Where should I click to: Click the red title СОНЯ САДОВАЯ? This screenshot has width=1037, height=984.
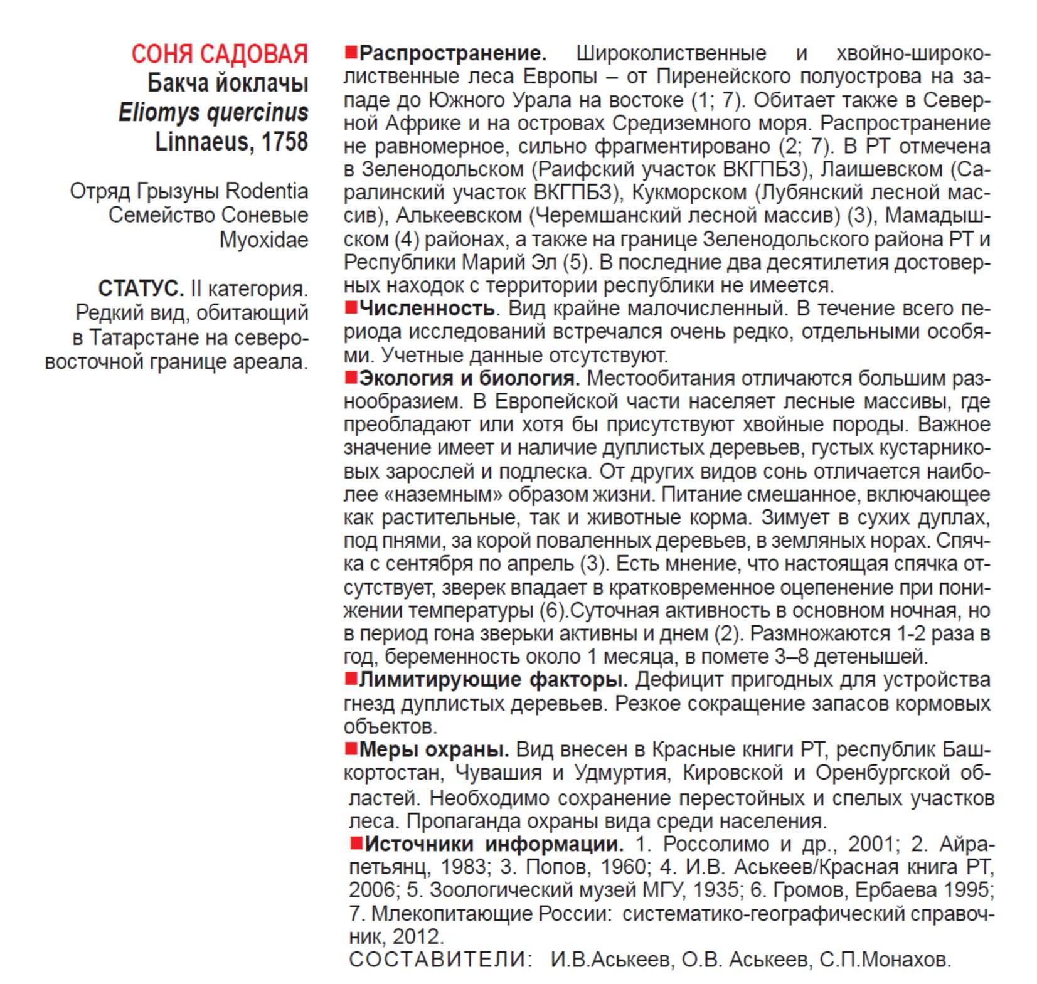point(219,55)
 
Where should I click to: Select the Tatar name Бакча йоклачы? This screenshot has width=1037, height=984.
point(228,83)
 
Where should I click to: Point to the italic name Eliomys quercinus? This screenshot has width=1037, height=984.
point(213,113)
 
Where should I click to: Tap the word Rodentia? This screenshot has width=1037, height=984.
point(267,191)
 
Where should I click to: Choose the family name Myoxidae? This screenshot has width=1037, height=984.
point(263,240)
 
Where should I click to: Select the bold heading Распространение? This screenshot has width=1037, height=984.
point(453,53)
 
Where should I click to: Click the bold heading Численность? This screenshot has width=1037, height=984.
point(427,309)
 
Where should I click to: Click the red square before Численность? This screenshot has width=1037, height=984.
point(351,308)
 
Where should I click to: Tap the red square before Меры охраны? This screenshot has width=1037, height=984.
point(351,749)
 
